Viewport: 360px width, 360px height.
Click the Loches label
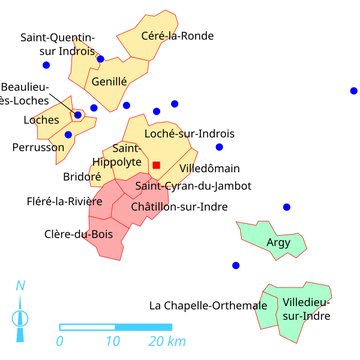[41, 120]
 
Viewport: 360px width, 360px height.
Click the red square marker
[157, 165]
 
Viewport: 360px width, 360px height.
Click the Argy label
[279, 242]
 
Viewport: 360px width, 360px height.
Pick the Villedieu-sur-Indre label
[307, 309]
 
